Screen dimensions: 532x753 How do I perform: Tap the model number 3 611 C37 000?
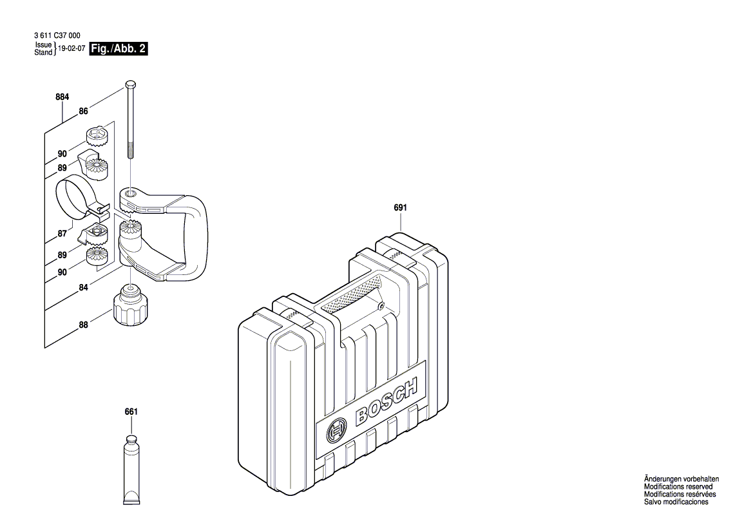pyautogui.click(x=56, y=36)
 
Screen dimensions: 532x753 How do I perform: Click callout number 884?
pyautogui.click(x=62, y=97)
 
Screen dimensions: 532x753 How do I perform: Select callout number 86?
pyautogui.click(x=83, y=111)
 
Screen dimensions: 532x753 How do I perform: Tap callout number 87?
pyautogui.click(x=62, y=234)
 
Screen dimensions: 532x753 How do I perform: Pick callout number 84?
pyautogui.click(x=83, y=289)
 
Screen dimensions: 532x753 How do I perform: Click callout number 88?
pyautogui.click(x=83, y=325)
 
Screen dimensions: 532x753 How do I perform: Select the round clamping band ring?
pyautogui.click(x=72, y=196)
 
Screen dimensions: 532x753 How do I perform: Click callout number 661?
pyautogui.click(x=131, y=412)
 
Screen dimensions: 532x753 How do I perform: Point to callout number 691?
pyautogui.click(x=401, y=208)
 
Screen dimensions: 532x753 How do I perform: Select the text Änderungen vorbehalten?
pyautogui.click(x=682, y=479)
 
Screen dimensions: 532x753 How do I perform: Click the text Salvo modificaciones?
pyautogui.click(x=676, y=502)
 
